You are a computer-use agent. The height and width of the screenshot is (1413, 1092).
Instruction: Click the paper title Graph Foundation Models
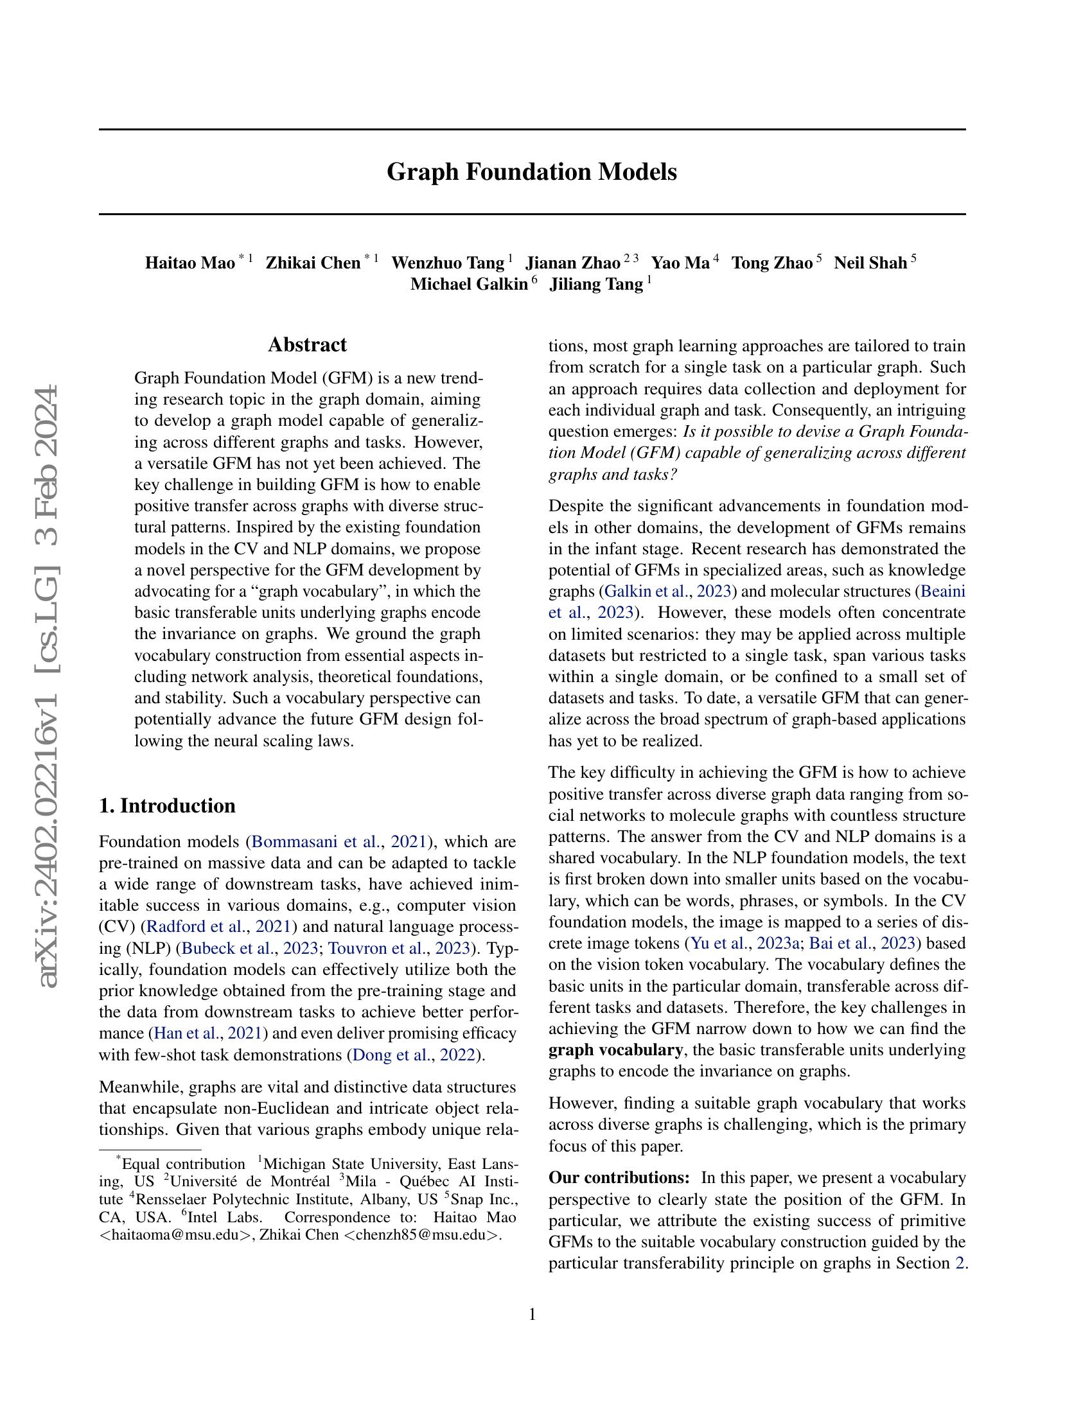[x=532, y=172]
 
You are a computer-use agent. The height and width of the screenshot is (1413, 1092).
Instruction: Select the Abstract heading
[x=307, y=344]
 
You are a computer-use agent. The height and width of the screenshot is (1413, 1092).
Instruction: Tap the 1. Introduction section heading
[x=167, y=805]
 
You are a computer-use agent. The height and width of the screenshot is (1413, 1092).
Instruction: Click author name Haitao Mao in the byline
[x=189, y=263]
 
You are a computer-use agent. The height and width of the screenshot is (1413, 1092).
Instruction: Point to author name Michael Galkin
[x=469, y=284]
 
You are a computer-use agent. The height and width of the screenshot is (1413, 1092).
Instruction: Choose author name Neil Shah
[x=870, y=263]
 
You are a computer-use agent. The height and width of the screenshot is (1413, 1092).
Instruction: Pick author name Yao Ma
[x=680, y=263]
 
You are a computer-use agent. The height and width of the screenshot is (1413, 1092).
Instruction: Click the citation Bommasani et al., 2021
[x=339, y=842]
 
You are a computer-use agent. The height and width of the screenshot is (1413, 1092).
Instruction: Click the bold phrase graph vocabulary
[x=615, y=1049]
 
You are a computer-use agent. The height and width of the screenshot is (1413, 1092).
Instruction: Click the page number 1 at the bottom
[x=533, y=1314]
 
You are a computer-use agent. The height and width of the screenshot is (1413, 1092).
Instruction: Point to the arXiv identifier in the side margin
[x=49, y=686]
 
